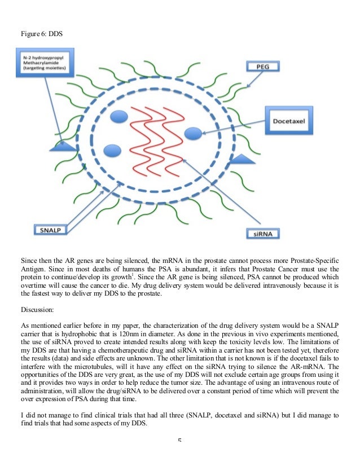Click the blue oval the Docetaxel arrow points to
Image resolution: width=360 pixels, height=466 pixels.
194,133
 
